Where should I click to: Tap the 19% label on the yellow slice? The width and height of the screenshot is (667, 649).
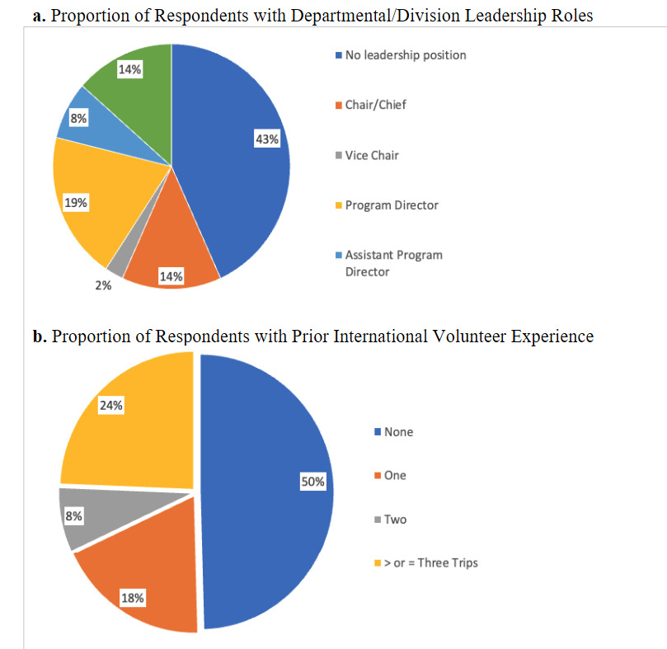coord(76,202)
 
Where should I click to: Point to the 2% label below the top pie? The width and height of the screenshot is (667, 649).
coord(102,286)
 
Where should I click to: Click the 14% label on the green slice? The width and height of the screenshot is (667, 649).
coord(129,71)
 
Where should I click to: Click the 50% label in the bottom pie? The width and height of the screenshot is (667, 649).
coord(312,482)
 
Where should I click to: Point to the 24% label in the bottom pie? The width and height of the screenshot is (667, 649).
coord(111,407)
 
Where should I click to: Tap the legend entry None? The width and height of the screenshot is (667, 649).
coord(397,431)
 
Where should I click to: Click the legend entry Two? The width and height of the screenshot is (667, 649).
coord(394,520)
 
